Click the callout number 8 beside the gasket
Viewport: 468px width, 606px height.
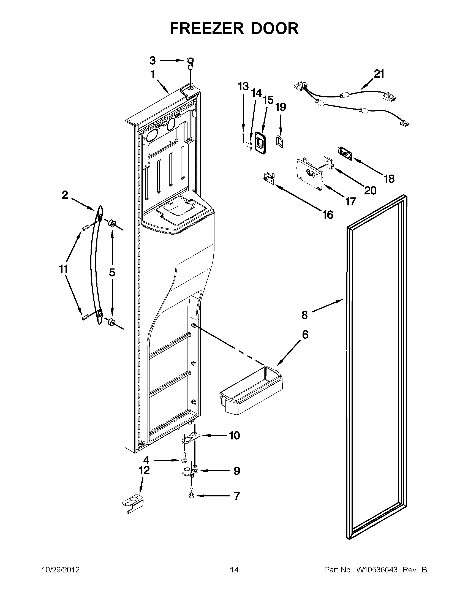pyautogui.click(x=304, y=315)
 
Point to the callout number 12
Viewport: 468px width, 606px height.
pyautogui.click(x=144, y=470)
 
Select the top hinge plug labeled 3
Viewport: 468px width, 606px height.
pyautogui.click(x=190, y=62)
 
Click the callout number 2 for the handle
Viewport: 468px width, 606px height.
pyautogui.click(x=65, y=195)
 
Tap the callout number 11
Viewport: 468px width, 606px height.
pyautogui.click(x=64, y=269)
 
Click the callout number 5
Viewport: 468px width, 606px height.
pyautogui.click(x=112, y=273)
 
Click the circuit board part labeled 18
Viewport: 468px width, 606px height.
pyautogui.click(x=344, y=153)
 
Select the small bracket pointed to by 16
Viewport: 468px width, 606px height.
pyautogui.click(x=269, y=178)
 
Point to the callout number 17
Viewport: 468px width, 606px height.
pyautogui.click(x=350, y=202)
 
